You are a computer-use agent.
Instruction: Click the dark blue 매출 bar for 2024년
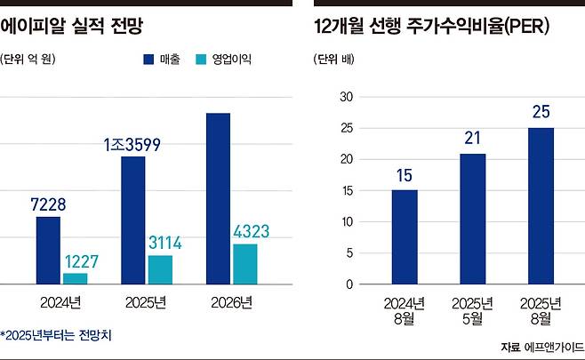pyautogui.click(x=48, y=251)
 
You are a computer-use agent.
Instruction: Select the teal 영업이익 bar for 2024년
pyautogui.click(x=76, y=278)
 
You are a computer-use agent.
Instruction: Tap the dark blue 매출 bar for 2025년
pyautogui.click(x=133, y=220)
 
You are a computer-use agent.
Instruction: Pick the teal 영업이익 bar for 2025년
pyautogui.click(x=160, y=269)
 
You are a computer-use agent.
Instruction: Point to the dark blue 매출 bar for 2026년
pyautogui.click(x=218, y=198)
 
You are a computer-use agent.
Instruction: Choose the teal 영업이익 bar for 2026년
pyautogui.click(x=244, y=264)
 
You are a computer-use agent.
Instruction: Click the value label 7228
pyautogui.click(x=48, y=205)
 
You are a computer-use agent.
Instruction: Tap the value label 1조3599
pyautogui.click(x=131, y=144)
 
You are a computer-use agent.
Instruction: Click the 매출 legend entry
pyautogui.click(x=160, y=60)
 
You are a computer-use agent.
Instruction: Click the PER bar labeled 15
pyautogui.click(x=405, y=236)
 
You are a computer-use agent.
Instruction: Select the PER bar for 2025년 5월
pyautogui.click(x=472, y=219)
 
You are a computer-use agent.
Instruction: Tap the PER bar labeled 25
pyautogui.click(x=540, y=205)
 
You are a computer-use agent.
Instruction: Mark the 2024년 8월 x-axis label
pyautogui.click(x=405, y=310)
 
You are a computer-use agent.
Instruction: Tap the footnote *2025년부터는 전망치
pyautogui.click(x=57, y=335)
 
